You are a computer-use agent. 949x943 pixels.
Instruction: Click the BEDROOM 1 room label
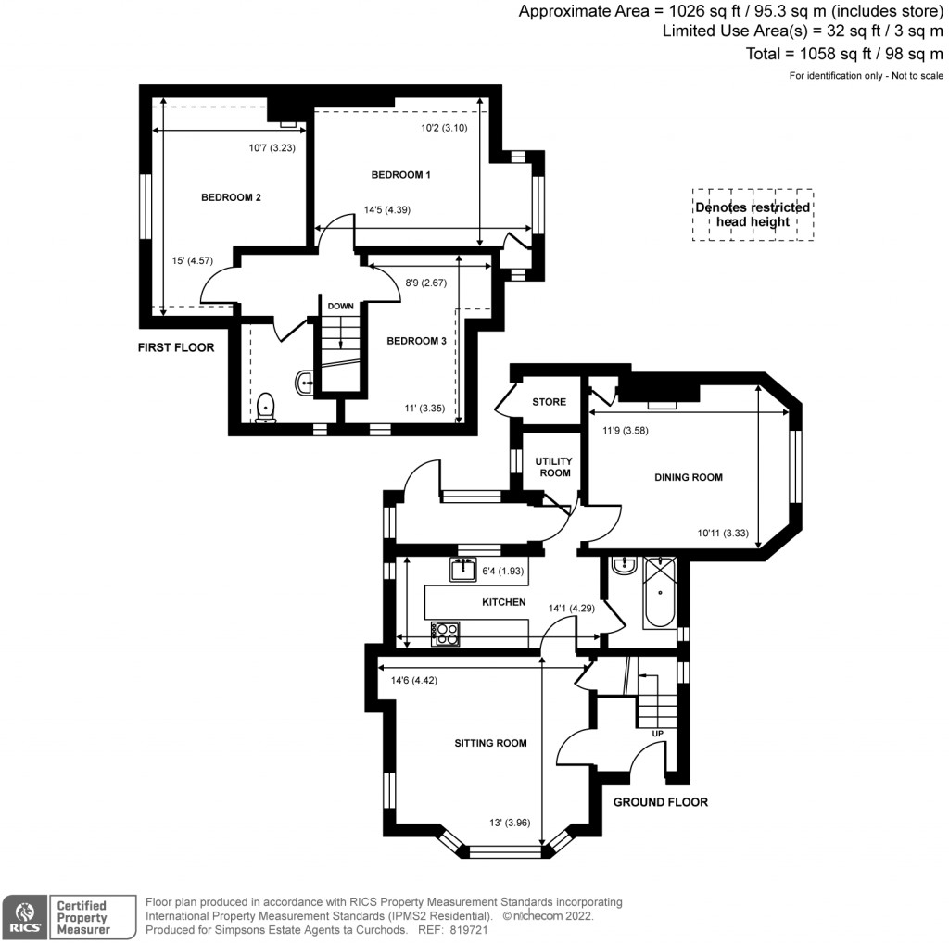pyautogui.click(x=400, y=175)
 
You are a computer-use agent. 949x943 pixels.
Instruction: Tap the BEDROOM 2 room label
pyautogui.click(x=231, y=197)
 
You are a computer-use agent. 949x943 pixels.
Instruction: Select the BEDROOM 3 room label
pyautogui.click(x=416, y=341)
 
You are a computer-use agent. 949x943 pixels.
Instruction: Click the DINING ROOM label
pyautogui.click(x=688, y=478)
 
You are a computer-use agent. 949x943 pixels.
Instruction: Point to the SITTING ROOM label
pyautogui.click(x=490, y=743)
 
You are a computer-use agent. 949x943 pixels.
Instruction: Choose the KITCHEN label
pyautogui.click(x=503, y=602)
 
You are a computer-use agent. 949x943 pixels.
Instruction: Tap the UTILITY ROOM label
pyautogui.click(x=555, y=467)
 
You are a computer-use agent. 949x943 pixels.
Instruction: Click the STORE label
pyautogui.click(x=549, y=402)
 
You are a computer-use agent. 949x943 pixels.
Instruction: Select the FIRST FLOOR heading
pyautogui.click(x=176, y=348)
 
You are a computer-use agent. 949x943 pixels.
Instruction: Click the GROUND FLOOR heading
pyautogui.click(x=661, y=802)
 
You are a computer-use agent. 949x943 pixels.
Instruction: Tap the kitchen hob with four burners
pyautogui.click(x=446, y=635)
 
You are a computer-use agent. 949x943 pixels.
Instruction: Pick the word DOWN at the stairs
pyautogui.click(x=340, y=305)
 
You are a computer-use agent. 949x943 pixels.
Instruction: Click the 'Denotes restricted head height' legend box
pyautogui.click(x=753, y=215)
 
